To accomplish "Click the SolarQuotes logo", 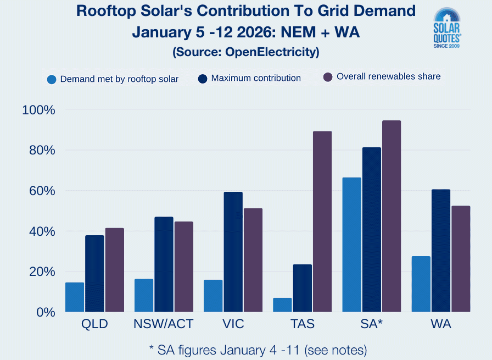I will [447, 28].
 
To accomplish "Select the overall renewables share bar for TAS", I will [322, 221].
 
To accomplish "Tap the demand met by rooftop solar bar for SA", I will [351, 245].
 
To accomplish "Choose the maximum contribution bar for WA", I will [440, 251].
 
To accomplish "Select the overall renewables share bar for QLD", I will [115, 270].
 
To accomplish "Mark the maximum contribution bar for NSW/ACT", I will [164, 264].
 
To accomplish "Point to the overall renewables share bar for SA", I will [392, 216].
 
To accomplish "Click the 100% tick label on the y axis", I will [39, 110].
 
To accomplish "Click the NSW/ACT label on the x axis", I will [164, 324].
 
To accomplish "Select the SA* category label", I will [372, 324].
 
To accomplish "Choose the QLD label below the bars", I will [94, 324].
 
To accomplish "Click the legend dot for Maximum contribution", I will [203, 79].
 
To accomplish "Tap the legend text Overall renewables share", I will [388, 77].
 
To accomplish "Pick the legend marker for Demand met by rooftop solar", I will [52, 79].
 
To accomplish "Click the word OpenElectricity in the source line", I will [275, 53].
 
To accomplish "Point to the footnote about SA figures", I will [258, 350].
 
